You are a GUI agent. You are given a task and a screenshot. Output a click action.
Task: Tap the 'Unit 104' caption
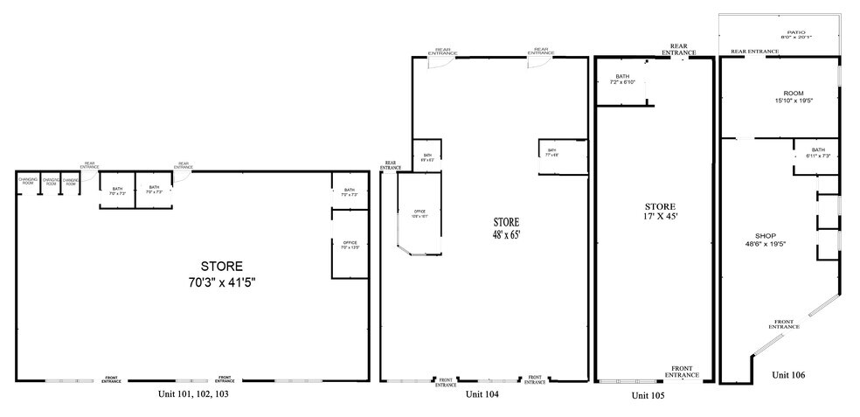click(x=482, y=394)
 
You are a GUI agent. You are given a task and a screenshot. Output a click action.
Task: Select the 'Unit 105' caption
click(x=648, y=395)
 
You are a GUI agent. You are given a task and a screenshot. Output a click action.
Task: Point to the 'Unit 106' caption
click(x=788, y=375)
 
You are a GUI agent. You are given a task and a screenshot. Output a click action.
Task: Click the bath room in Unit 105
click(x=622, y=80)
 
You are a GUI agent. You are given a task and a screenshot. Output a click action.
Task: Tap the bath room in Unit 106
click(x=818, y=152)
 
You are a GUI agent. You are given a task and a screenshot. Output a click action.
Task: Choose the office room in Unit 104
click(x=417, y=214)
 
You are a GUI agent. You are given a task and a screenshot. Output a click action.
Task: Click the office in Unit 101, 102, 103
click(x=350, y=244)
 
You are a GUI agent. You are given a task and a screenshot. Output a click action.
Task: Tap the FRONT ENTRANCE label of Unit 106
click(x=784, y=324)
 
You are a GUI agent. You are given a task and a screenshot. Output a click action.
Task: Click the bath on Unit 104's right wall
click(x=553, y=153)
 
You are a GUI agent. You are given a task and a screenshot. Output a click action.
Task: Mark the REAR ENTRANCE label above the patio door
click(x=754, y=52)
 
